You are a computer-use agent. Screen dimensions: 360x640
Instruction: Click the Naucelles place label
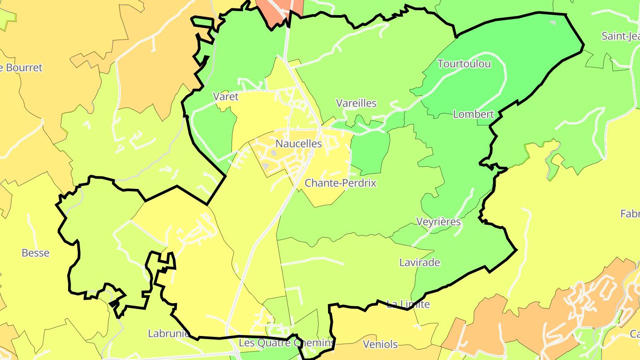[298, 144]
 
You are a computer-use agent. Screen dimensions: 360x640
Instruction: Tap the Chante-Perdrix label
[340, 183]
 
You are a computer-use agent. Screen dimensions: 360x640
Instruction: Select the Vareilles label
[356, 103]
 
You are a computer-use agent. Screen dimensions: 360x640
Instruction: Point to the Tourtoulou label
[464, 64]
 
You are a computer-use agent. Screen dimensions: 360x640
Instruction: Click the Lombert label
[473, 114]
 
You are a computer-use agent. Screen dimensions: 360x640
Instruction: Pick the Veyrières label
[438, 221]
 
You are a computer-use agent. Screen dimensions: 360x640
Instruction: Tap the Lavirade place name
[420, 262]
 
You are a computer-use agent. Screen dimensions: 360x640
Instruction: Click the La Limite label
[408, 304]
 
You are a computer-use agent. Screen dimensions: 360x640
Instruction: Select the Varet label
[226, 96]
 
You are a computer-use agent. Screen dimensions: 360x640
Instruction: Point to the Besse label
[36, 253]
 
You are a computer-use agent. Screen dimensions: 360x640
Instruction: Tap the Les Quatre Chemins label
[286, 343]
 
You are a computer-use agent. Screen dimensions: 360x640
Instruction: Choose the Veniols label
[380, 344]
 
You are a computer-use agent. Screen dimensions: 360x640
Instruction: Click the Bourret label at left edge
[22, 68]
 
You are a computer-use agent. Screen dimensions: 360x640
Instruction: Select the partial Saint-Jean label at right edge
[620, 36]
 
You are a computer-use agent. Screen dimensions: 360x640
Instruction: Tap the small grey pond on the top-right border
[552, 22]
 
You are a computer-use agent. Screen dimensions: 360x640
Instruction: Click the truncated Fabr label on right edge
[630, 214]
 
